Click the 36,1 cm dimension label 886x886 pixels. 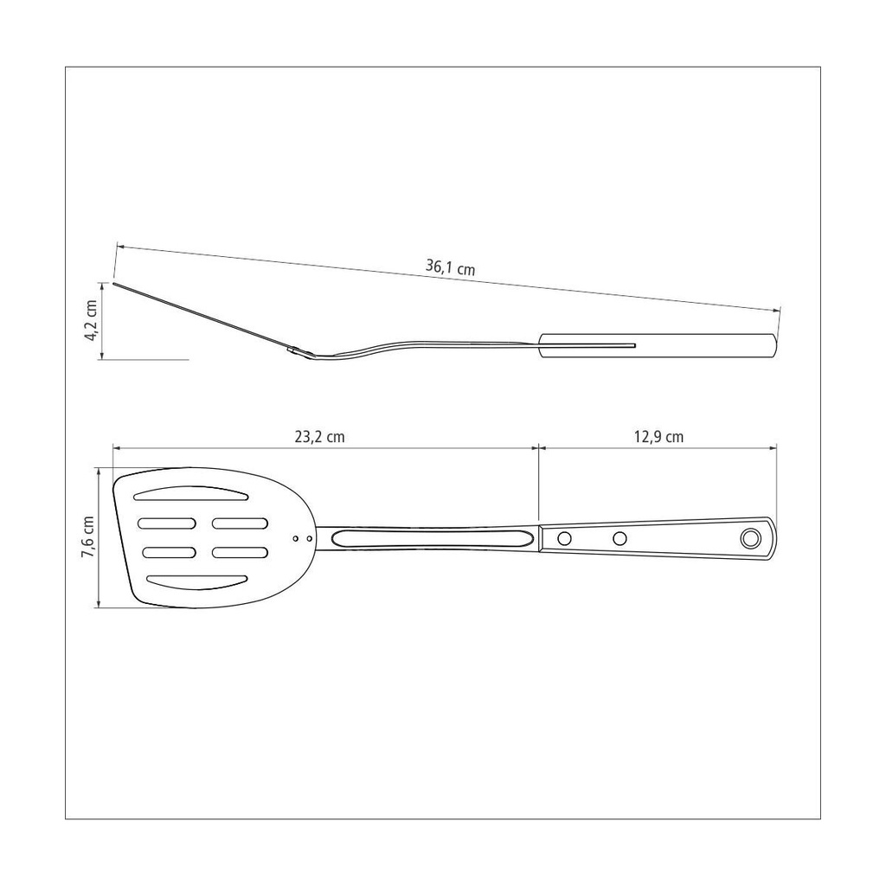[x=450, y=266]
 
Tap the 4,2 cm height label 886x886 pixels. [x=91, y=320]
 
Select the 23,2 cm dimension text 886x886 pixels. [x=319, y=437]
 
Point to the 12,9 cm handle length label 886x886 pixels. [x=658, y=437]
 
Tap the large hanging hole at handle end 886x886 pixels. [x=750, y=538]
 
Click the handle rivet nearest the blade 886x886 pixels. [x=564, y=538]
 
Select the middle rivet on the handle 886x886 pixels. [x=620, y=538]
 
